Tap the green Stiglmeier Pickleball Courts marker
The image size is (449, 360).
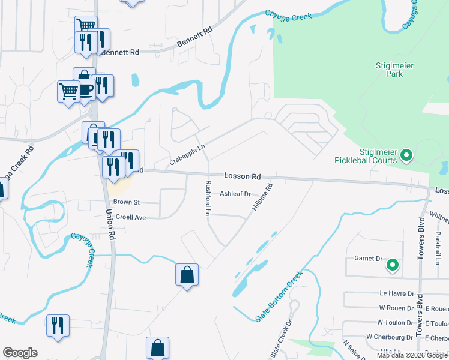click(406, 157)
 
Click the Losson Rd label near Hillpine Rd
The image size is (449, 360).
click(243, 176)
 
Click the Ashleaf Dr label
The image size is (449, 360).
click(235, 194)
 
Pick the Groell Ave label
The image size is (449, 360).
click(131, 217)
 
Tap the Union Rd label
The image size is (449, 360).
click(109, 224)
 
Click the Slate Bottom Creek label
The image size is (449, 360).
click(279, 296)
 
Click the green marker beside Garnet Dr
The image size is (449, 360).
click(392, 264)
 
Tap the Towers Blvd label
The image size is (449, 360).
click(421, 316)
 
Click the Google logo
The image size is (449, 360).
click(20, 353)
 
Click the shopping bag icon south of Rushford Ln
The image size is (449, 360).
click(187, 275)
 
